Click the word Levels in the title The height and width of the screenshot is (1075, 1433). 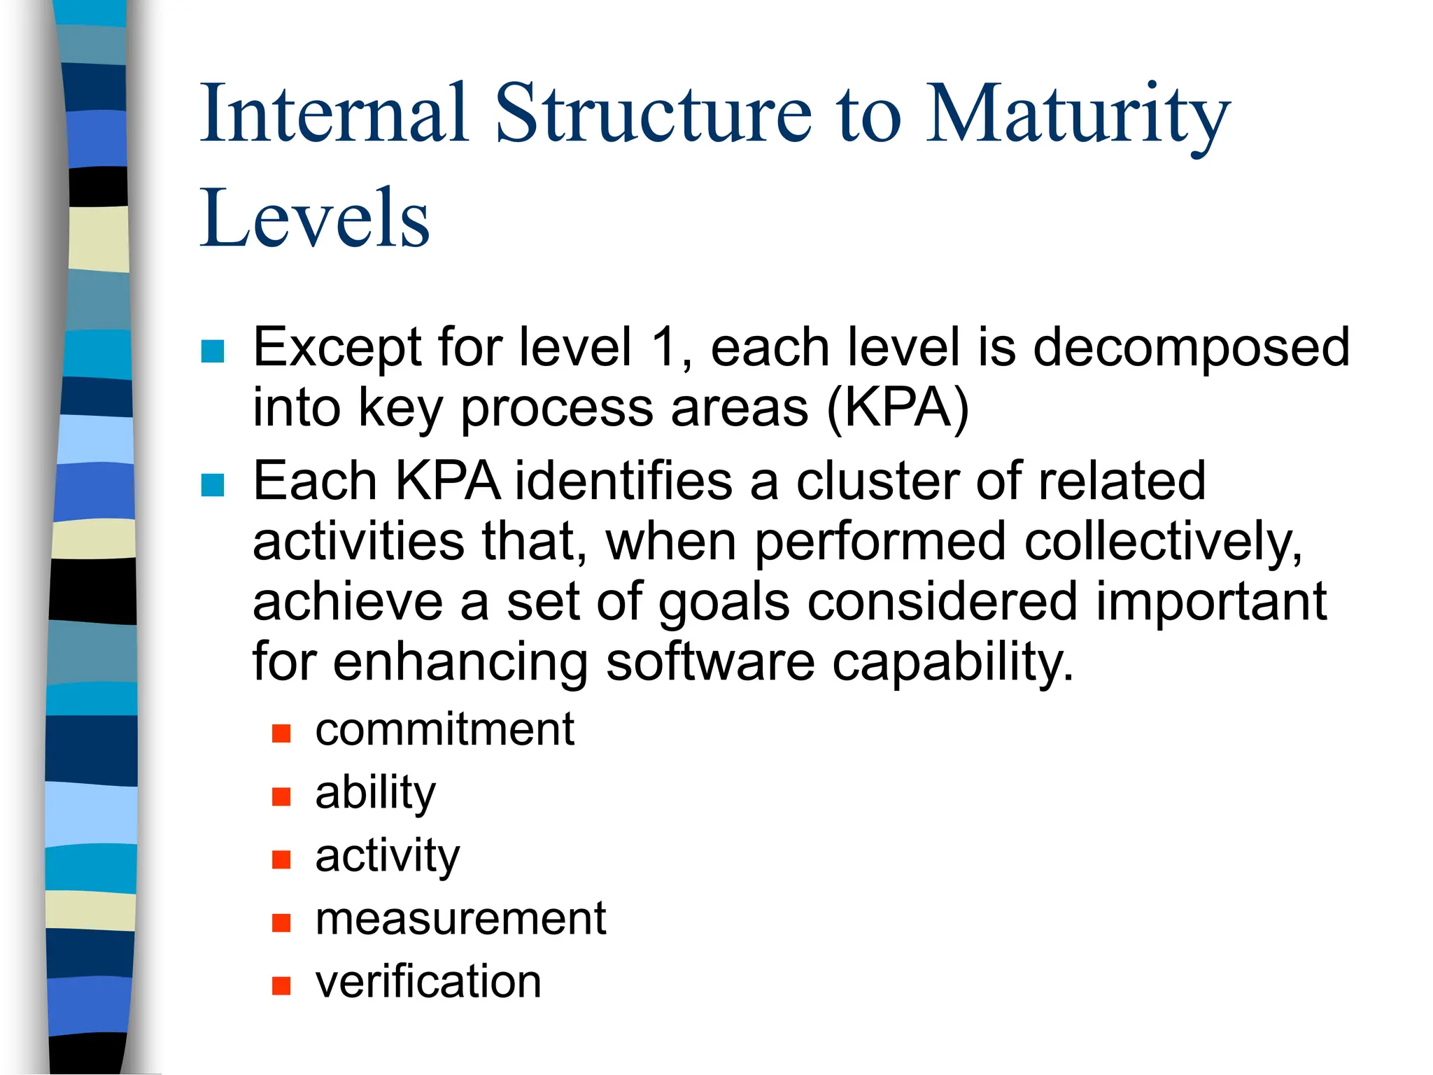tap(315, 218)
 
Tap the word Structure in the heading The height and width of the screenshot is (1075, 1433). tap(654, 113)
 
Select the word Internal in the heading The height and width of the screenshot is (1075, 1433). tap(334, 113)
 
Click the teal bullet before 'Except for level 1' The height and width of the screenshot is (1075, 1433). tap(213, 351)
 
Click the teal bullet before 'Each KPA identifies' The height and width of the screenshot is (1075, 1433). tap(213, 485)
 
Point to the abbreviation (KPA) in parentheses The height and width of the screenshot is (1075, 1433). tap(898, 408)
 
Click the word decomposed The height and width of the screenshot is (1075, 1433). tap(1191, 348)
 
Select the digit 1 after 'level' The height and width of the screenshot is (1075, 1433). tap(664, 347)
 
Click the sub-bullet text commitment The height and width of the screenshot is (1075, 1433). tap(444, 730)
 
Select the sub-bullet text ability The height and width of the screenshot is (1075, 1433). tap(375, 794)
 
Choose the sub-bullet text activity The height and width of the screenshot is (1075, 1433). tap(388, 857)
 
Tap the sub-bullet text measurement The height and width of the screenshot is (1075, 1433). tap(460, 920)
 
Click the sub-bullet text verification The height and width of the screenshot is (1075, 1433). tap(428, 983)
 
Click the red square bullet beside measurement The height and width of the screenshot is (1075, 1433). tap(281, 923)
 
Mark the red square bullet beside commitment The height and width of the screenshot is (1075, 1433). tap(281, 733)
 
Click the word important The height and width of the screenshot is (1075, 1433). tap(1210, 602)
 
